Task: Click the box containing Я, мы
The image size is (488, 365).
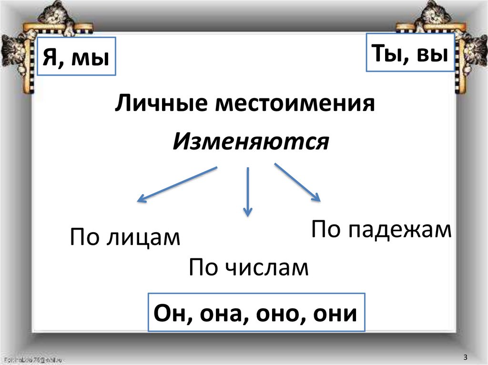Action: click(x=77, y=57)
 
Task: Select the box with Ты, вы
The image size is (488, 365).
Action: click(x=410, y=53)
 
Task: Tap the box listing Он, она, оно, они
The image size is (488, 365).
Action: click(x=256, y=313)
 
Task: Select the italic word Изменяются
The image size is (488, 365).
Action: click(x=251, y=141)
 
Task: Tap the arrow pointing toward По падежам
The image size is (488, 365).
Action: click(x=296, y=182)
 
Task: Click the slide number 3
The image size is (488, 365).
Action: click(x=465, y=357)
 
